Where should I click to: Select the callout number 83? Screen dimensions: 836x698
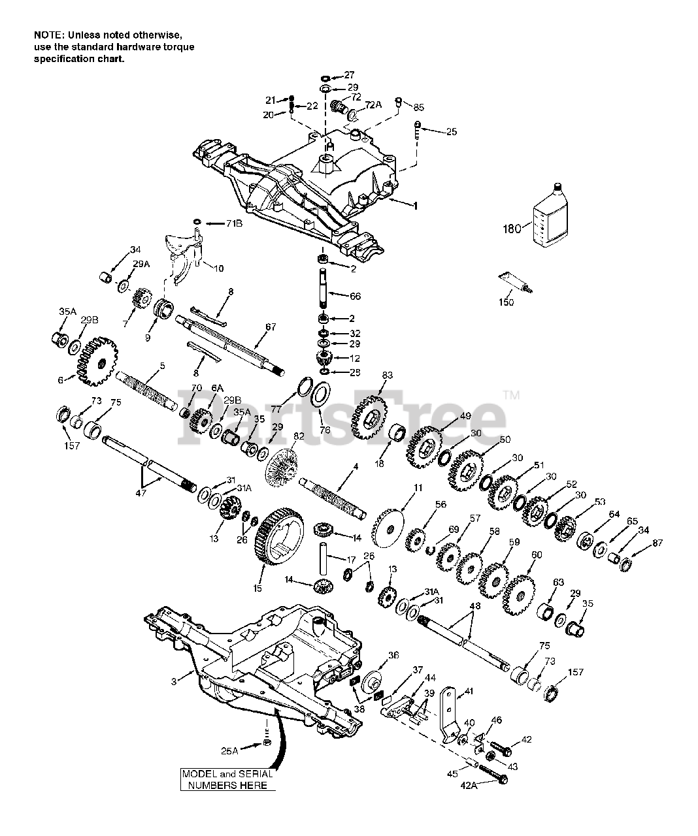click(388, 375)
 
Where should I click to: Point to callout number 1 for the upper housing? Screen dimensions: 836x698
click(414, 205)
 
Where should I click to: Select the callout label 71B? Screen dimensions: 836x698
click(234, 223)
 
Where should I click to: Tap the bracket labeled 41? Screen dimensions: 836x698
click(452, 715)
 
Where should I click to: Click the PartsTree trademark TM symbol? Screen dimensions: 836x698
click(512, 394)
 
